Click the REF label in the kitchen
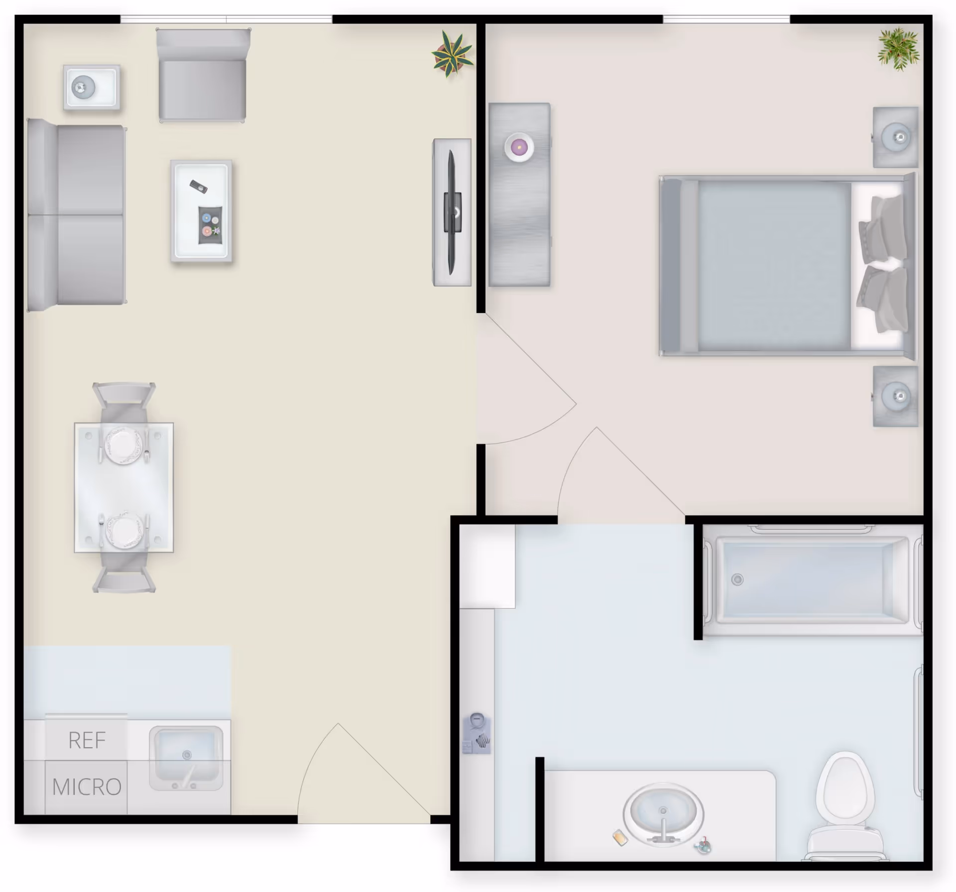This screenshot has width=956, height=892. click(87, 740)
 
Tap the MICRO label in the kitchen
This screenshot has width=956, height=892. click(87, 787)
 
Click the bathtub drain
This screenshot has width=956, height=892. click(737, 579)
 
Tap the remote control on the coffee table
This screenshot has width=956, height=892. click(198, 187)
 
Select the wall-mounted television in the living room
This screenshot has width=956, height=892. click(452, 212)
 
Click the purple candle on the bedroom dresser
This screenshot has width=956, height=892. click(519, 147)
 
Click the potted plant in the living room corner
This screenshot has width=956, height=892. click(452, 54)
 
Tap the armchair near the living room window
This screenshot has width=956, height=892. click(202, 76)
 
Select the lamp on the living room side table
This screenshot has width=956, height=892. click(83, 88)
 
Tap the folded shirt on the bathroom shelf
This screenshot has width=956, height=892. click(477, 734)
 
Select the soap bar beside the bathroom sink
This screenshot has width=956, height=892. click(620, 837)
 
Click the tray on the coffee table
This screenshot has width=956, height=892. click(210, 225)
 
